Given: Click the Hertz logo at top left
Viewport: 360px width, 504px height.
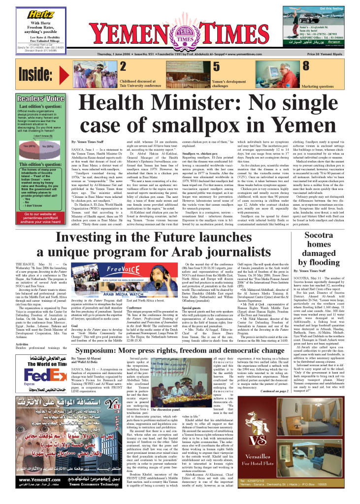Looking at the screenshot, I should pyautogui.click(x=41, y=15).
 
